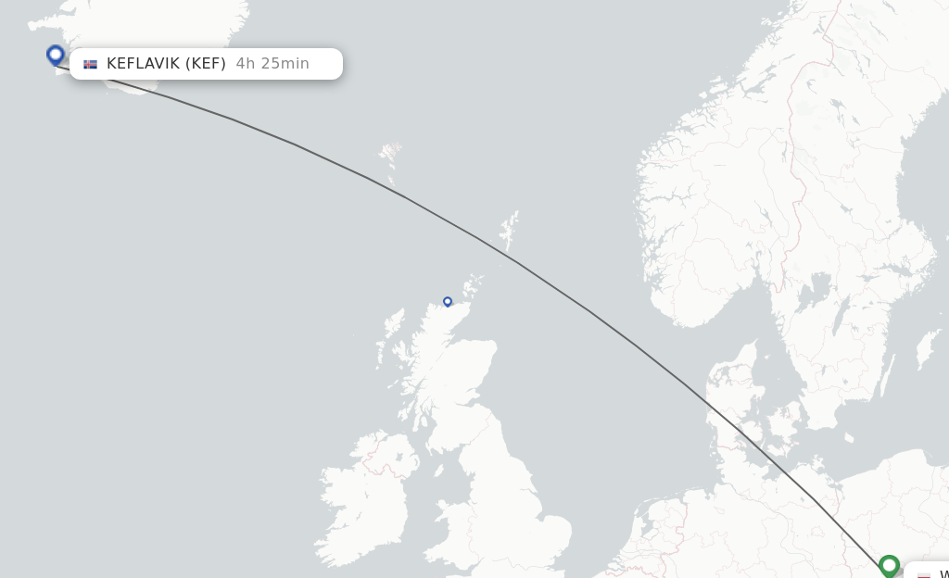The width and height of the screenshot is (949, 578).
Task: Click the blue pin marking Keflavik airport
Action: pos(56,56)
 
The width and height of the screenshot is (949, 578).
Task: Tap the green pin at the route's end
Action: pos(890,564)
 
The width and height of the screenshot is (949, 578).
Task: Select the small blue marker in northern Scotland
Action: pos(448,301)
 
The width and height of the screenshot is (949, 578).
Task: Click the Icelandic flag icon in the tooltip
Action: pos(90,64)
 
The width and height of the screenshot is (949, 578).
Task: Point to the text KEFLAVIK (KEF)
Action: pos(166,64)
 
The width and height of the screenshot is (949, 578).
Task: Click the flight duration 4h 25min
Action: pos(272,64)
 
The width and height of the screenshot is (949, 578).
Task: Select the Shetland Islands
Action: pos(509,229)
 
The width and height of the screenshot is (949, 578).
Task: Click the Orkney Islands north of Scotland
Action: pos(474,283)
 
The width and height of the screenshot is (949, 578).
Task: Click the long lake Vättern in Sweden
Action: pos(840,320)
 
